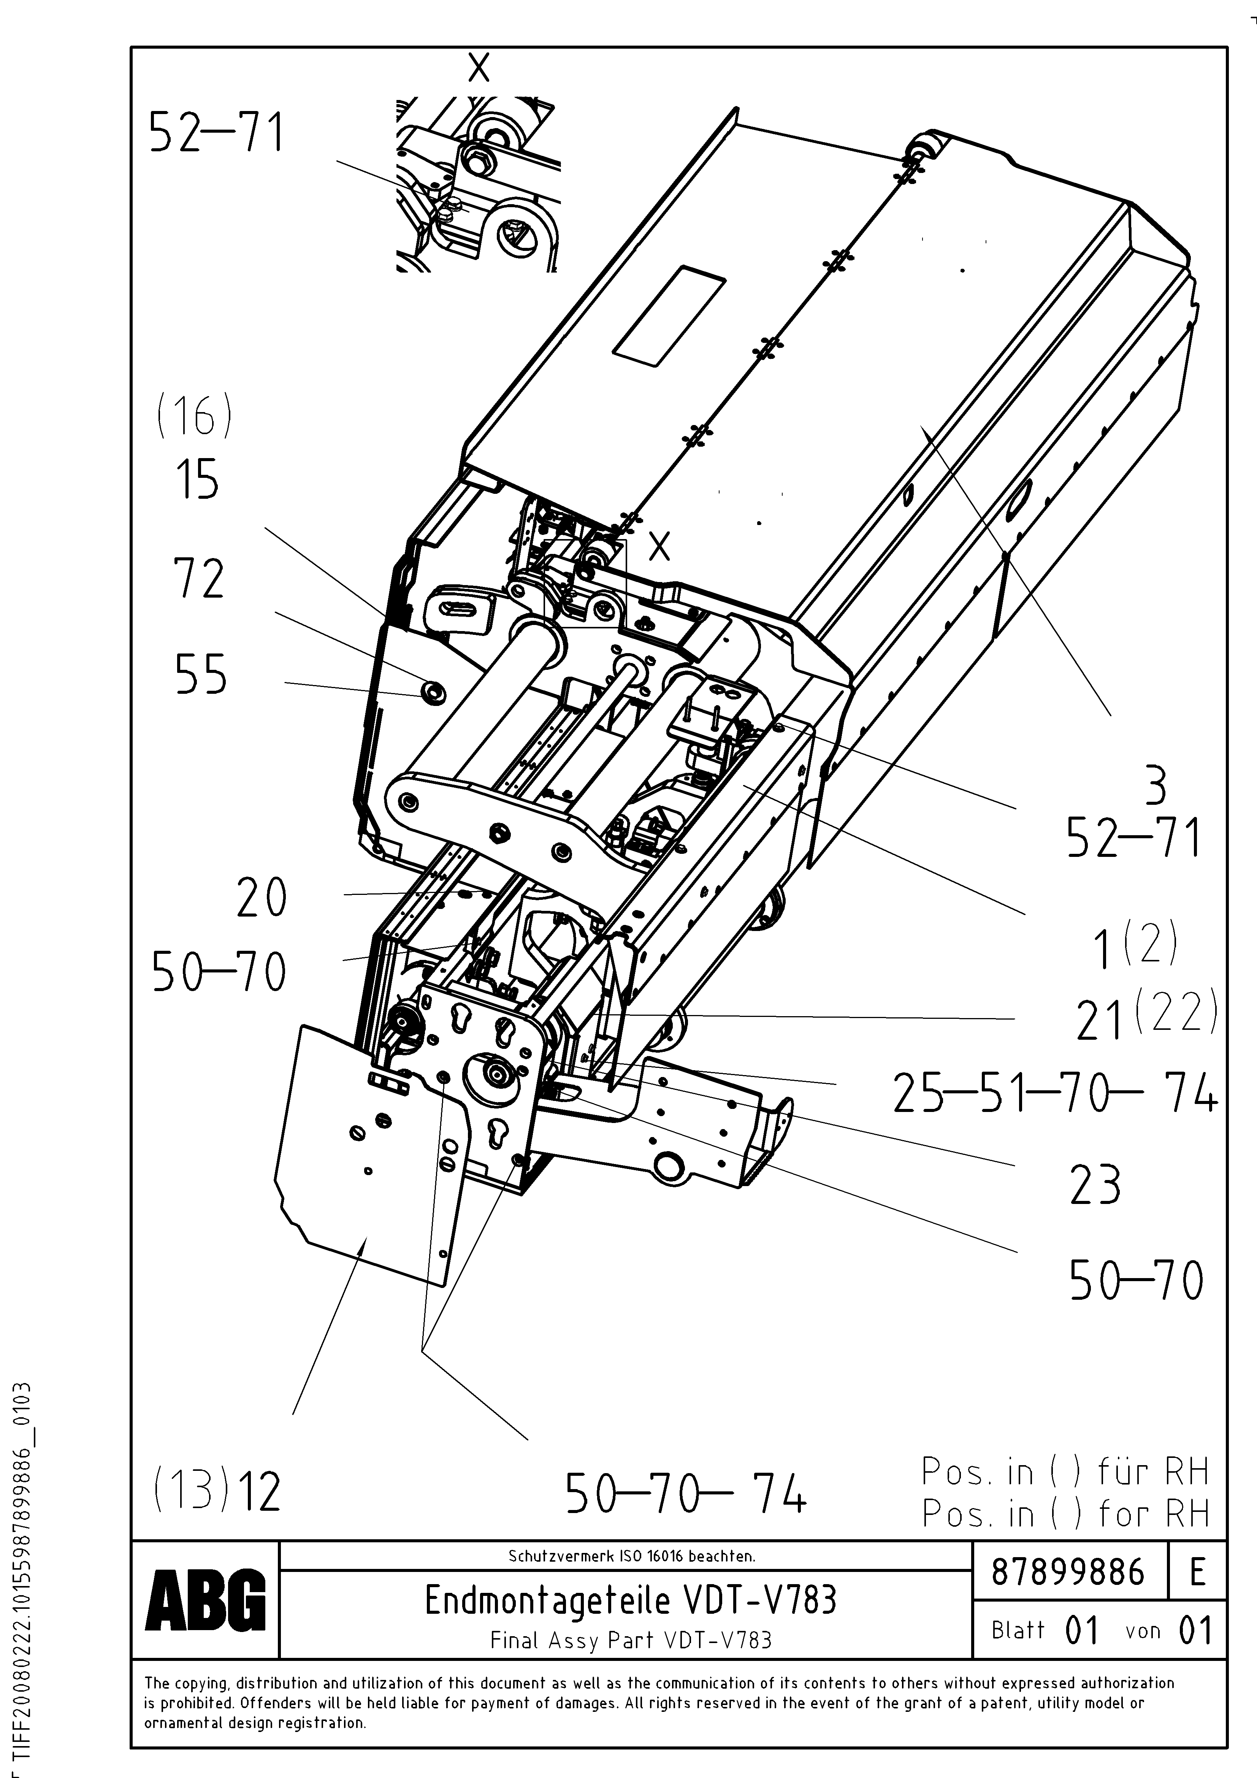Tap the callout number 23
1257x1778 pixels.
[x=1094, y=1185]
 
